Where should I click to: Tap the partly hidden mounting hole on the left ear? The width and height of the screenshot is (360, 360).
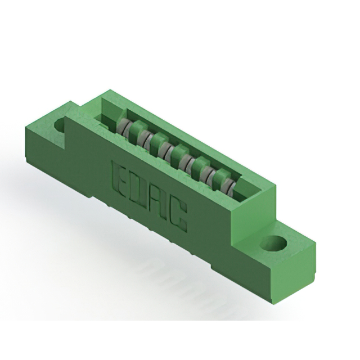click(59, 125)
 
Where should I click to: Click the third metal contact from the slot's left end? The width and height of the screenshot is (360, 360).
click(164, 150)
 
